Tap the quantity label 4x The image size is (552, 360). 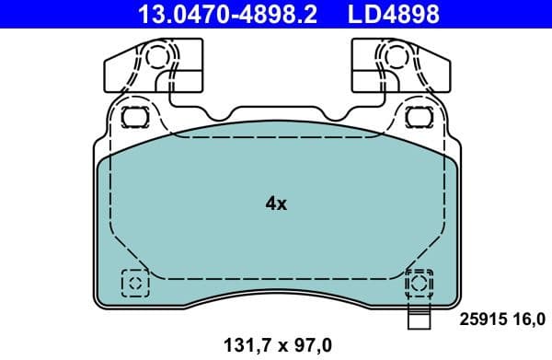(275, 204)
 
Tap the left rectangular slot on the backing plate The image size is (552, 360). (135, 117)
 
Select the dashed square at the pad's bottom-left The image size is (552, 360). (133, 282)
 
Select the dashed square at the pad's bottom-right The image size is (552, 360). (420, 282)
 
